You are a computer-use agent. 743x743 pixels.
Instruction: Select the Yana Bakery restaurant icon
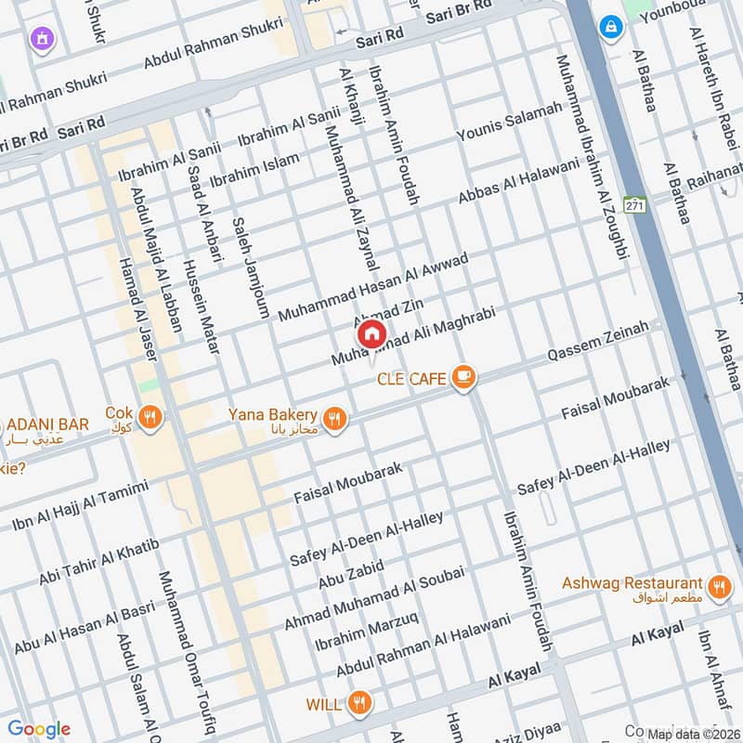tap(335, 418)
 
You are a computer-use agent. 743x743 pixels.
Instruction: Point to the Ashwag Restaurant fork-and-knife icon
tap(717, 587)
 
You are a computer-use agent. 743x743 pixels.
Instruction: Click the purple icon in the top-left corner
tap(41, 39)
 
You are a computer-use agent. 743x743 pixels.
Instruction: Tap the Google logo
tap(39, 729)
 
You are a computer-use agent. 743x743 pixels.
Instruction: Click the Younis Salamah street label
tap(509, 123)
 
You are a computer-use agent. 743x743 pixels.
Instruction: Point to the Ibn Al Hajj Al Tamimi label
tap(80, 506)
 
